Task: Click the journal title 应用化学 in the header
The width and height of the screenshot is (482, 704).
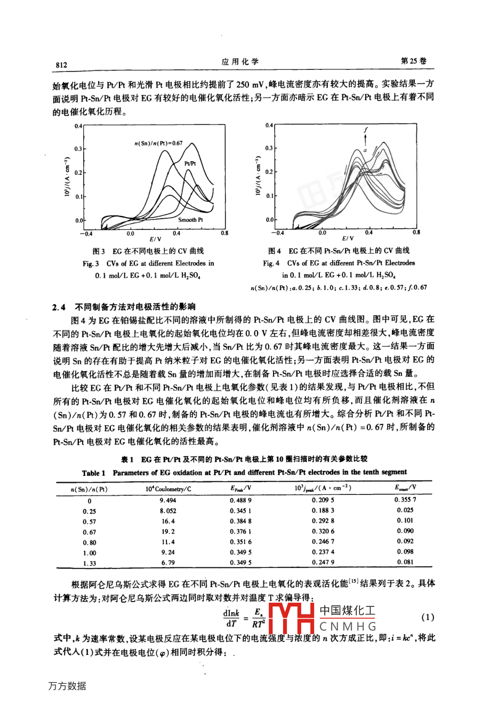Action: click(x=240, y=62)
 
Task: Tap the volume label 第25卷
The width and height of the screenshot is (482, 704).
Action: click(x=414, y=61)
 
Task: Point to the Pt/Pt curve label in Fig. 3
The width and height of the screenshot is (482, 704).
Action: click(x=190, y=164)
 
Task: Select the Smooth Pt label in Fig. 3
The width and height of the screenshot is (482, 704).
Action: click(x=190, y=220)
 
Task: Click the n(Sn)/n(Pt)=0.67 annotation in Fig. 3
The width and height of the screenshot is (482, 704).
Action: click(x=158, y=143)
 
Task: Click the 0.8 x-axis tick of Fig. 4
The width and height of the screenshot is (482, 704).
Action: click(x=416, y=233)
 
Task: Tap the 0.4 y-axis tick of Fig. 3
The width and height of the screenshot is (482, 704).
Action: click(x=78, y=126)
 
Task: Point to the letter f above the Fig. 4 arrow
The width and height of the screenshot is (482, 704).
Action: click(x=366, y=130)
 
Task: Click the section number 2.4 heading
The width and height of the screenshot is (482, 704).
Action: click(x=58, y=307)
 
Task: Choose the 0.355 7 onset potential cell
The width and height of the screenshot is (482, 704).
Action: click(x=405, y=500)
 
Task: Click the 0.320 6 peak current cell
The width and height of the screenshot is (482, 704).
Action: click(x=323, y=531)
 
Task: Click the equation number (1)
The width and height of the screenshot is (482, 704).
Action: click(x=428, y=618)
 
